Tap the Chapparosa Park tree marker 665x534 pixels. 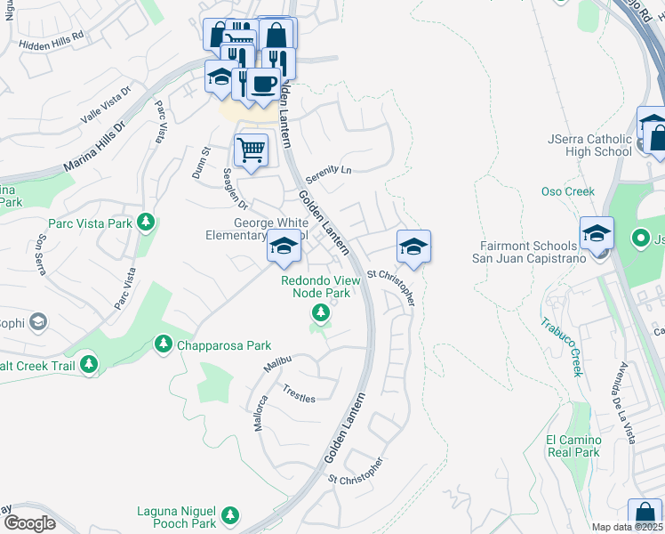tap(163, 344)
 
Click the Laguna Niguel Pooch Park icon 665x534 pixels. tap(230, 515)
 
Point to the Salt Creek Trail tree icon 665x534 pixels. tap(88, 363)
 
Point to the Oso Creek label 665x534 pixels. tap(567, 191)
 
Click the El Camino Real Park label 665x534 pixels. tap(573, 446)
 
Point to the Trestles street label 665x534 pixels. tap(299, 394)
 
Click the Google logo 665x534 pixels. tap(28, 523)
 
